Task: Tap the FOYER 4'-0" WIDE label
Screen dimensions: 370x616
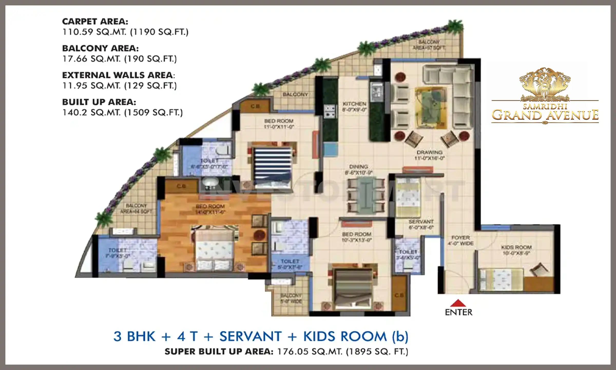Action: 460,240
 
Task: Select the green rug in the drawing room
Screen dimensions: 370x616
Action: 430,107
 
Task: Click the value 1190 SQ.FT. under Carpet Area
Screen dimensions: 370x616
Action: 159,32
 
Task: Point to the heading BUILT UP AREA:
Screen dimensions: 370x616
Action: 99,102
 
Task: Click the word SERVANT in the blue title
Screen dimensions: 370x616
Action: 251,336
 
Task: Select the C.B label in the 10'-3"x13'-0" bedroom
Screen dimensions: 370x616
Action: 399,295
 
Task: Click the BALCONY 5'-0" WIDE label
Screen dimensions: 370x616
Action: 291,298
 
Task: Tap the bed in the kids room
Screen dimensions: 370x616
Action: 501,279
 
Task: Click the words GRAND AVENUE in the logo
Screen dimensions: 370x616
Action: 545,115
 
